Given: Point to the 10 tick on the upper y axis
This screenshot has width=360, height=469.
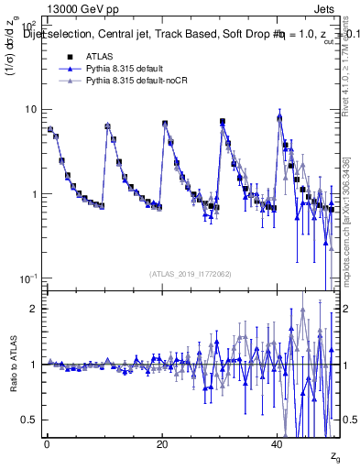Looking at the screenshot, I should pyautogui.click(x=31, y=109).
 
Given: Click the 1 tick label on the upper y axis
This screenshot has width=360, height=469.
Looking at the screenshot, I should pyautogui.click(x=35, y=194).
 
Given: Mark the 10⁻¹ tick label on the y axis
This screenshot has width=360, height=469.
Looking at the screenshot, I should pyautogui.click(x=28, y=278).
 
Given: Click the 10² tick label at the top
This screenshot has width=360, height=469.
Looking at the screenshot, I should pyautogui.click(x=28, y=26).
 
